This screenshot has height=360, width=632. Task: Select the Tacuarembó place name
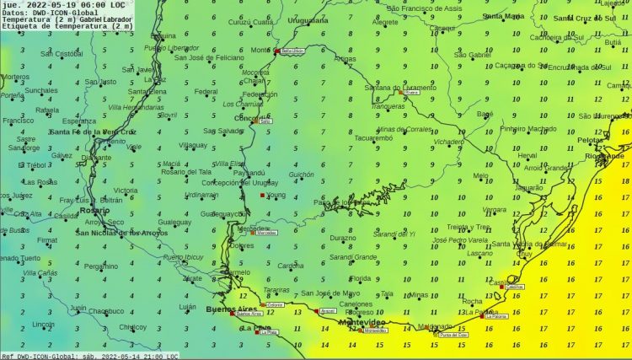[374, 137]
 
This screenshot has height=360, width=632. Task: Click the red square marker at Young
[262, 196]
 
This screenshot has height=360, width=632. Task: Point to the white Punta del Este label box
[452, 335]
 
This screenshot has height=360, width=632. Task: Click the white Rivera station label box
[412, 94]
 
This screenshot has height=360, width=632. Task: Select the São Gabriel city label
[472, 55]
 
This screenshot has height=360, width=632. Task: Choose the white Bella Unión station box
[292, 51]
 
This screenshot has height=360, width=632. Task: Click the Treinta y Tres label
[469, 227]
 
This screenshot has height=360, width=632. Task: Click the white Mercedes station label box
[267, 233]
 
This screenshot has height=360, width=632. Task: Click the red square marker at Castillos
[502, 287]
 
